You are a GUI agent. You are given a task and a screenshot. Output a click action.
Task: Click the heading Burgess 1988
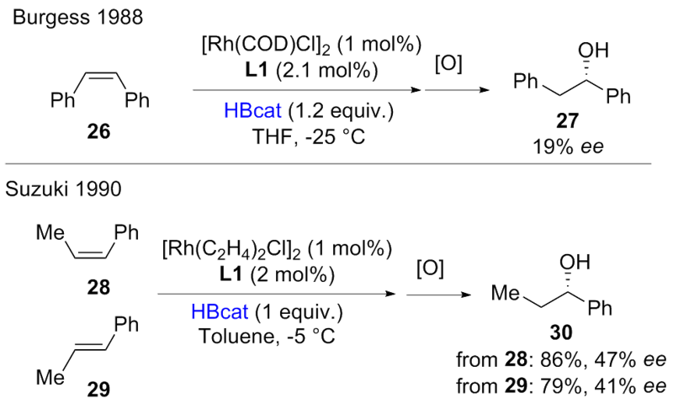(66, 17)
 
